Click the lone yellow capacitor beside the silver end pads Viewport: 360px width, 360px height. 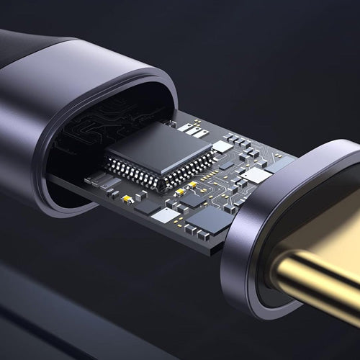tap(127, 198)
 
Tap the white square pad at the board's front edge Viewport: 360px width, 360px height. tap(166, 215)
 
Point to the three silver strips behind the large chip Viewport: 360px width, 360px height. tap(186, 127)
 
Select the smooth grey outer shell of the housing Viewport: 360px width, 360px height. tap(58, 122)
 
